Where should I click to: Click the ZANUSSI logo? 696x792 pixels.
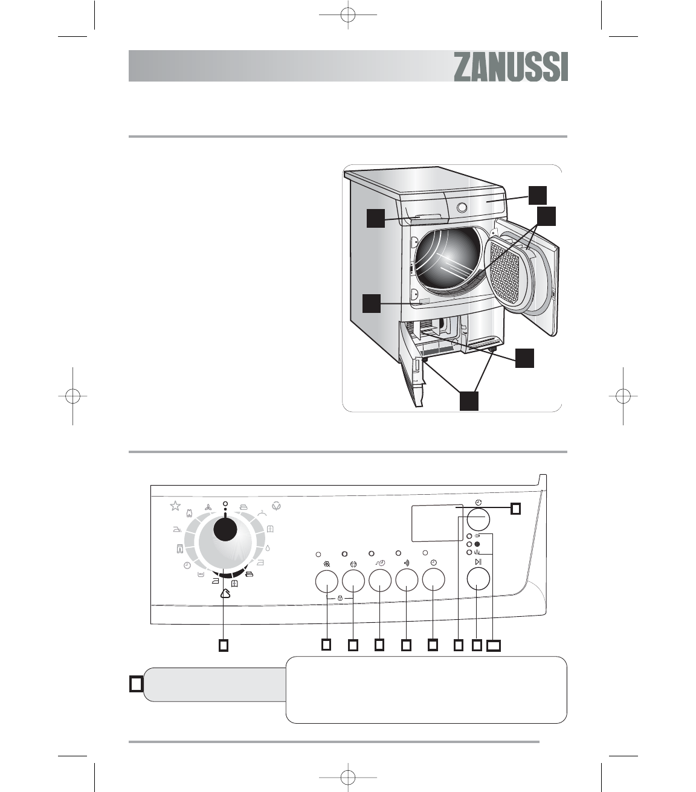pos(511,66)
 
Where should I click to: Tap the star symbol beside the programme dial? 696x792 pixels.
pos(175,506)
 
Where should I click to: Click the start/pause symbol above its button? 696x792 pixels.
pos(478,562)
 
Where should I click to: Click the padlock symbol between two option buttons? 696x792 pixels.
pos(340,597)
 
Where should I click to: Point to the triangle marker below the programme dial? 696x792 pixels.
pos(225,593)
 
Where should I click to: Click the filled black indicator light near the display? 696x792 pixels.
pos(477,544)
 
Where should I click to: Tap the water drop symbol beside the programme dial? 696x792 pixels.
pos(268,550)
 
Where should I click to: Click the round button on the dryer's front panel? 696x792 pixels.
pos(462,207)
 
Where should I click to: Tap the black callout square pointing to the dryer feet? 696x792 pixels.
pos(469,401)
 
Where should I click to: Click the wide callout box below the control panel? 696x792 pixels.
pos(494,646)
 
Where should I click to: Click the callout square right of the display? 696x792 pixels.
pos(515,509)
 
